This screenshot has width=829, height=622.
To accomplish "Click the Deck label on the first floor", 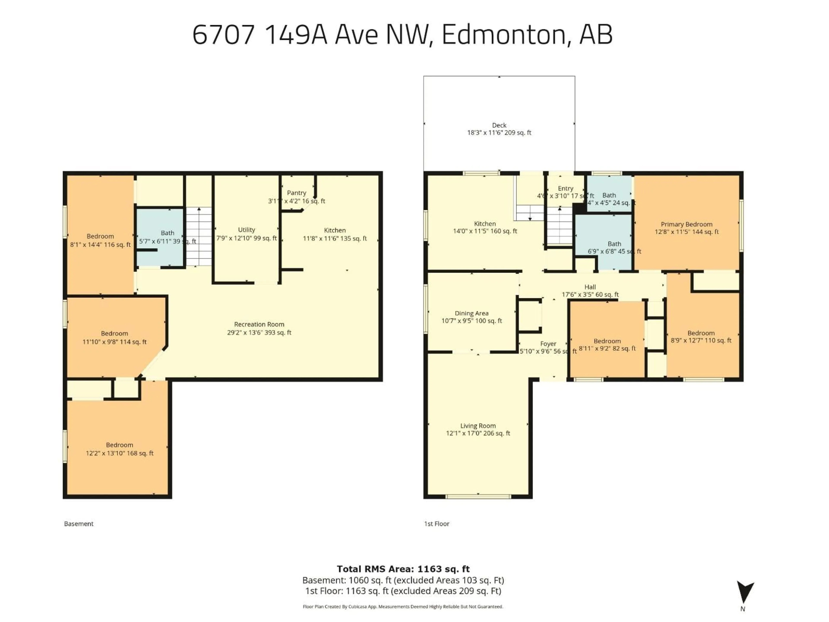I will [x=499, y=125].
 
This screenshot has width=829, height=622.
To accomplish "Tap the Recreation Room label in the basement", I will [x=259, y=324].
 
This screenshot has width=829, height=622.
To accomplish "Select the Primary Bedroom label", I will [x=686, y=224].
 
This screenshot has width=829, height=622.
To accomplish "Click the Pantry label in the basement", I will [x=296, y=193].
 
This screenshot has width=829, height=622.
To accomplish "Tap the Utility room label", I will [x=246, y=230].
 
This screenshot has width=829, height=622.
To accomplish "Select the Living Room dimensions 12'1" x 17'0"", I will [x=478, y=433].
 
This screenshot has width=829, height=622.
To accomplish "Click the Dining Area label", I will [x=471, y=313].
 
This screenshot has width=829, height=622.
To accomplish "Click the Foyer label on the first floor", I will [x=548, y=344].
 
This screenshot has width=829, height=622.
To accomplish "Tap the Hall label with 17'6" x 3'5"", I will [x=590, y=287].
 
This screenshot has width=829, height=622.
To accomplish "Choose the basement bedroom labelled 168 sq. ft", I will [x=120, y=449].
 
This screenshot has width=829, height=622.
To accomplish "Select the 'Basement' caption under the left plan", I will [x=79, y=524].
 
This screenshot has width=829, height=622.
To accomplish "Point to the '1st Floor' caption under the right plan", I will [x=437, y=524].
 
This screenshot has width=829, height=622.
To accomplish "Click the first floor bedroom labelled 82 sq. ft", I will [x=607, y=344].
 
